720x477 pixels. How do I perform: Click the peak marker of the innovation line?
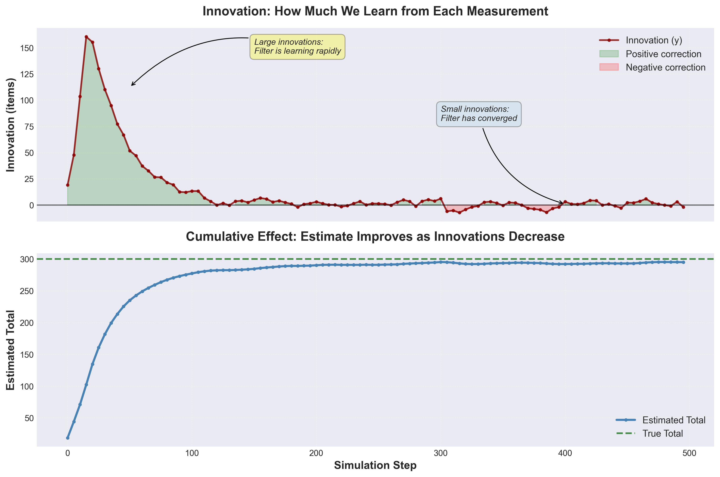[86, 37]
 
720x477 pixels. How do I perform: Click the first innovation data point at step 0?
[67, 185]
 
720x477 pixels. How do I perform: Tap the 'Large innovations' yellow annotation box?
[297, 47]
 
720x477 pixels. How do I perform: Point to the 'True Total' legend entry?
[662, 433]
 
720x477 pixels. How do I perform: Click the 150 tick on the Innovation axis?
[27, 48]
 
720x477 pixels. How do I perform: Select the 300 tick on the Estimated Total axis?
[27, 259]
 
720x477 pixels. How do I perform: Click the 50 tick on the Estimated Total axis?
[29, 418]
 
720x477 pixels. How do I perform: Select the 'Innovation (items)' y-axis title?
[11, 125]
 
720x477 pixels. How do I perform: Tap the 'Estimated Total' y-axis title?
[11, 350]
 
